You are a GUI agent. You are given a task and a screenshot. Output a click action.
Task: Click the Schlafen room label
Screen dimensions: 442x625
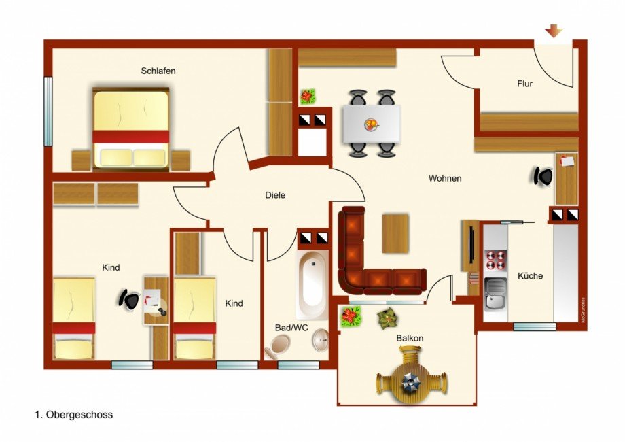159,71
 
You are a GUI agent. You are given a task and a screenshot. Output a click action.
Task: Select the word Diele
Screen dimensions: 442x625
275,195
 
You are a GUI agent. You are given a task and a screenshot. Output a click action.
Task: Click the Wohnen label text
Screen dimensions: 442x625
445,178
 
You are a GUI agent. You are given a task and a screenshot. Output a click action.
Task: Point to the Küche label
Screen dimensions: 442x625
531,276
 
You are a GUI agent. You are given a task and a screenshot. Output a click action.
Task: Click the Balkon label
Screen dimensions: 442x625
410,338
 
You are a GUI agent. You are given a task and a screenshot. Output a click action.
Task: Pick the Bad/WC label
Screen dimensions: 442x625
291,328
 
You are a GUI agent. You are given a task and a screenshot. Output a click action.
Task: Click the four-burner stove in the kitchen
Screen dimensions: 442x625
495,260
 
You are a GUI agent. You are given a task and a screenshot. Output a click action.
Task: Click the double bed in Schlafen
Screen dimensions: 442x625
131,129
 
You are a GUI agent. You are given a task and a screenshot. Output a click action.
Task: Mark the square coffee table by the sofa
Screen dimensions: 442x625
395,233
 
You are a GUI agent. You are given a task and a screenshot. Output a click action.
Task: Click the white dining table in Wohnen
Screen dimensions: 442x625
372,124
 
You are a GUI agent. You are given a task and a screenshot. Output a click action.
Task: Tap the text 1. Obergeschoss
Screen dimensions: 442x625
73,414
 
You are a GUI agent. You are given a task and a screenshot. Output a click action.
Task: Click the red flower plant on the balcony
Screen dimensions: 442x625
351,316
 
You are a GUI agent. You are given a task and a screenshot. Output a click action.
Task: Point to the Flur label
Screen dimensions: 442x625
524,84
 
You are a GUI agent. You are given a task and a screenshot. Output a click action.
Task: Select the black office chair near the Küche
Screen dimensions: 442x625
543,176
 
